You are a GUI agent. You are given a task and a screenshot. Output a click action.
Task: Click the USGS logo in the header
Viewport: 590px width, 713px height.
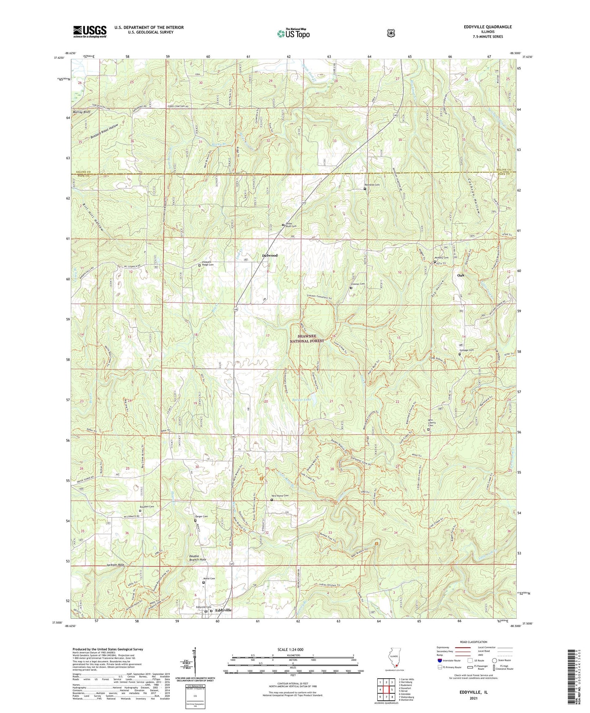90,31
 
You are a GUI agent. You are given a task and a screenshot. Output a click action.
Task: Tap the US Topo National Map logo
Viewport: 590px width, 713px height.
293,33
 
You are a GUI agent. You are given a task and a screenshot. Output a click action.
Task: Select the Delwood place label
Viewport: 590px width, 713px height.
269,256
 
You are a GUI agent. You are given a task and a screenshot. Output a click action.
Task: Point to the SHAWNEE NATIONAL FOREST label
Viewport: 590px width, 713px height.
307,339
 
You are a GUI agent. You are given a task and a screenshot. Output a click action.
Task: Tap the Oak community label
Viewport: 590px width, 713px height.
461,275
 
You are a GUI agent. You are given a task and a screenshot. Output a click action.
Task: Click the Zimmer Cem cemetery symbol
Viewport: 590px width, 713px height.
351,288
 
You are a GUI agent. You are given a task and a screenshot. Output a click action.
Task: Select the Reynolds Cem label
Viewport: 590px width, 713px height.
372,185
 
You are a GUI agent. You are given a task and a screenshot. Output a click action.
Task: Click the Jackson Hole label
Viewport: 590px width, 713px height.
115,565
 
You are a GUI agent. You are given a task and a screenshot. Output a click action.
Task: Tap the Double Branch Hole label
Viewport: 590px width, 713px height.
198,557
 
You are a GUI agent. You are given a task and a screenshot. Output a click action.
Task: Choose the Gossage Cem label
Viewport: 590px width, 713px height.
466,350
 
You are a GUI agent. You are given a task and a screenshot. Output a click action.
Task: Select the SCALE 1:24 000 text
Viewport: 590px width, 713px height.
290,650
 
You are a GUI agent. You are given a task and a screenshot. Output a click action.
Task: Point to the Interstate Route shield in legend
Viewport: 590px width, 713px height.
439,660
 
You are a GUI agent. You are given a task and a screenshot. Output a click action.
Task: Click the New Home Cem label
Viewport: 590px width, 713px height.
280,496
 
